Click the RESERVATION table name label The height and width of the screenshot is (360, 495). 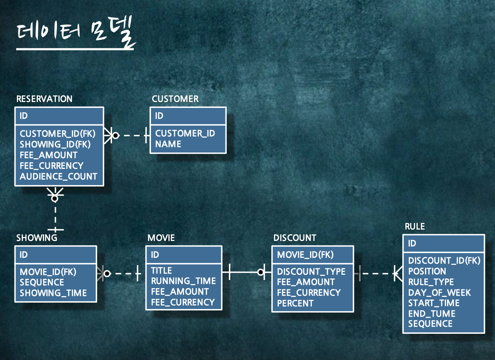(44, 99)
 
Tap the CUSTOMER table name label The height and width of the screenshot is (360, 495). (175, 99)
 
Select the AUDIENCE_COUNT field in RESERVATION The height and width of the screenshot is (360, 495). (58, 177)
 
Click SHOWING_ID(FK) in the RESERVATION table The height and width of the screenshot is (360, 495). (55, 144)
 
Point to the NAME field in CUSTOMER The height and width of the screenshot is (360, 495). (168, 144)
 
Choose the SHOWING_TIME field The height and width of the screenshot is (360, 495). (53, 293)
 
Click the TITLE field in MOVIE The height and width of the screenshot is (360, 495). (161, 271)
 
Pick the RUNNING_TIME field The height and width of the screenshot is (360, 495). (183, 281)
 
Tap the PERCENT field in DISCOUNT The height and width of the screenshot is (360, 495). (295, 303)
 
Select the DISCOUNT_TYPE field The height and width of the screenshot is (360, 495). (311, 272)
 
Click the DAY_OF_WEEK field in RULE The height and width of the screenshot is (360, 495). (439, 293)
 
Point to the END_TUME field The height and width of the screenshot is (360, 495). (432, 314)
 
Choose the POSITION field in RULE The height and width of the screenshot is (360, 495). (427, 271)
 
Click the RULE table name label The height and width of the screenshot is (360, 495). (415, 227)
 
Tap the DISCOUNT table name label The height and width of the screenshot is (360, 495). (295, 238)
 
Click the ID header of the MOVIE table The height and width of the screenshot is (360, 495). (155, 255)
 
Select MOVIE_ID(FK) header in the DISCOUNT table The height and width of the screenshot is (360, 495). (305, 255)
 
